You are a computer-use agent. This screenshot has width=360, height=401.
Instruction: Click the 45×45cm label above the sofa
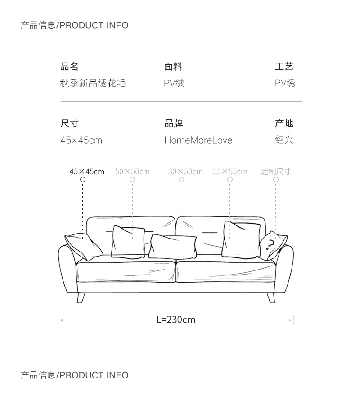(87, 171)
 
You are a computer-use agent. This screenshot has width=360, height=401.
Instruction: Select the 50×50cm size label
(132, 171)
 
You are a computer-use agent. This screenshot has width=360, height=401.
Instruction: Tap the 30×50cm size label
(185, 171)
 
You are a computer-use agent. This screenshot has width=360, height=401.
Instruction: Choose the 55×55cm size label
(230, 171)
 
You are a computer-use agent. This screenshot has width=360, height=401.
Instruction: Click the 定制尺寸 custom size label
(276, 171)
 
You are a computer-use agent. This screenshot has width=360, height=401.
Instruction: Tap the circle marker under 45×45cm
(83, 180)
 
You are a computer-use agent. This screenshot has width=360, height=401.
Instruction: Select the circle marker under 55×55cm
(230, 180)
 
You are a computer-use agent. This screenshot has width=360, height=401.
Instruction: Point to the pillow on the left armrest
(84, 246)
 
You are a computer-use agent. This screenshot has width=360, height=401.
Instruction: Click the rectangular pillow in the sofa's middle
(173, 246)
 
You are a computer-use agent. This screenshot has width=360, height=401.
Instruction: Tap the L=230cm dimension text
(176, 320)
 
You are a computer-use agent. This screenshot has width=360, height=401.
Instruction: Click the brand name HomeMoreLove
(198, 140)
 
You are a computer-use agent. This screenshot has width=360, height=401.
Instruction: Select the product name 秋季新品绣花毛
(93, 83)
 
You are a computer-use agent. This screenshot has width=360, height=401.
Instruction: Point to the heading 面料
(173, 67)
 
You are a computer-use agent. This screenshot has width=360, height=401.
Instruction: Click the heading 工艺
(284, 67)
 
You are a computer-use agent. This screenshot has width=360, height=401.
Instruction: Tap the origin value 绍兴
(284, 140)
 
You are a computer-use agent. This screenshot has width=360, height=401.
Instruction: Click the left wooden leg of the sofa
(81, 297)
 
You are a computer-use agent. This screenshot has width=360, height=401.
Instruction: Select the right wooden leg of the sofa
(271, 297)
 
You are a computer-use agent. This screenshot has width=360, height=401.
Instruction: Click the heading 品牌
(173, 123)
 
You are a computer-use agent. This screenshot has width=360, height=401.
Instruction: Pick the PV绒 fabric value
(174, 83)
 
